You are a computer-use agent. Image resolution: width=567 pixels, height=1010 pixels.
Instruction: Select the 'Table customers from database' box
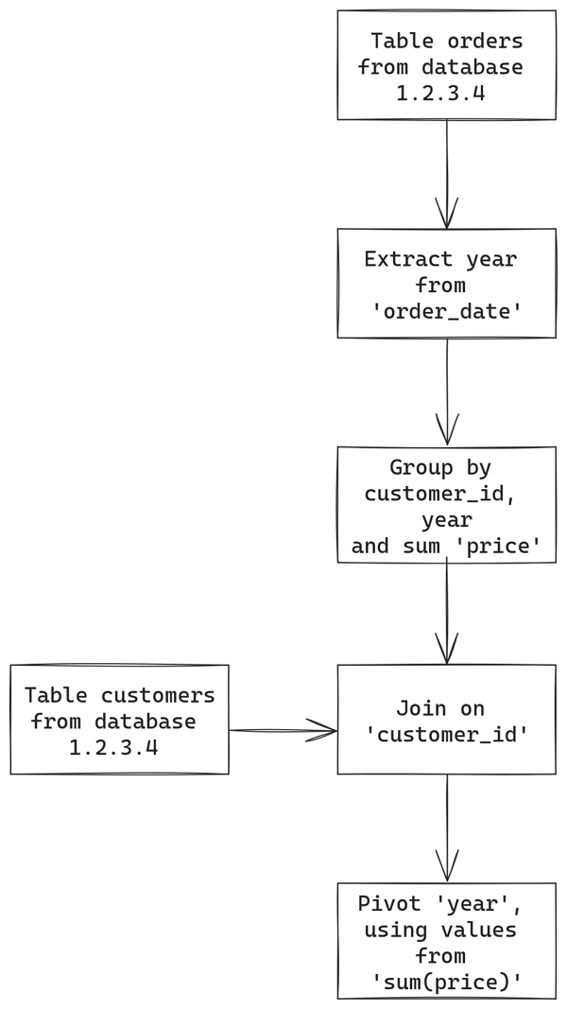[119, 720]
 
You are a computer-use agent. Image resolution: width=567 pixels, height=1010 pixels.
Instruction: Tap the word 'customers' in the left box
[157, 696]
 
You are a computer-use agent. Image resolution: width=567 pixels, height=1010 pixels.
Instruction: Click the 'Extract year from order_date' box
[446, 283]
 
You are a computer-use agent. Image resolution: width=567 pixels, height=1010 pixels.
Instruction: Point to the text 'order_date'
[448, 311]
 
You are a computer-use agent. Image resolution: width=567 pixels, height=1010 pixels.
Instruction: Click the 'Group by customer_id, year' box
[446, 505]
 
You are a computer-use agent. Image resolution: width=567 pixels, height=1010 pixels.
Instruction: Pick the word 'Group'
[421, 468]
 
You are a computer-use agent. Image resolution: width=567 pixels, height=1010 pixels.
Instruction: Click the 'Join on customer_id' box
[446, 720]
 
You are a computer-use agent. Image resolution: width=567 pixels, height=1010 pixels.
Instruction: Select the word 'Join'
[421, 708]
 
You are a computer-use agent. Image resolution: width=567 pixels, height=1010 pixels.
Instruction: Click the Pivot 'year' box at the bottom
[446, 941]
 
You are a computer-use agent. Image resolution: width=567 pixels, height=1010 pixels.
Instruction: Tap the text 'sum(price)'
[448, 984]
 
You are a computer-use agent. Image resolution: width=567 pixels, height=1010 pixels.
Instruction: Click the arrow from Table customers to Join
[283, 730]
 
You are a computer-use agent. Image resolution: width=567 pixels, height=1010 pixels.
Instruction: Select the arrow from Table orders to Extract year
[447, 174]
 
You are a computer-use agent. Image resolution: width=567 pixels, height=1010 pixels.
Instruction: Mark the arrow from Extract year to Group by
[447, 392]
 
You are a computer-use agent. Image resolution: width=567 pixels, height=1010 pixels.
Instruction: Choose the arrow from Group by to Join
[447, 613]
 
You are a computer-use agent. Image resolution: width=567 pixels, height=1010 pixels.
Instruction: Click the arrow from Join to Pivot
[447, 828]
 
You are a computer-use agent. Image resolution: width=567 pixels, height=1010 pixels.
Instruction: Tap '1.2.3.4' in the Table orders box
[440, 94]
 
